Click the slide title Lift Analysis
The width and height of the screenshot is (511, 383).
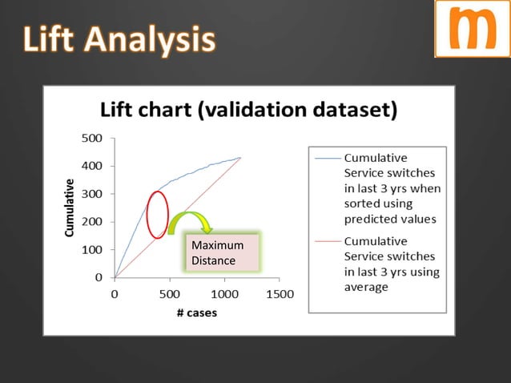click(119, 39)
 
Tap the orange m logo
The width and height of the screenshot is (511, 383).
click(472, 29)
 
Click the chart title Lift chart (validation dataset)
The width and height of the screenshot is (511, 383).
click(247, 110)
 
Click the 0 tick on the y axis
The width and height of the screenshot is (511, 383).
click(98, 277)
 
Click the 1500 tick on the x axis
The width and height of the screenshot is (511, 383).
click(279, 294)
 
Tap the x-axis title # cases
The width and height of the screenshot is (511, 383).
click(196, 312)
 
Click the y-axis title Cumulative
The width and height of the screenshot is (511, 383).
click(70, 208)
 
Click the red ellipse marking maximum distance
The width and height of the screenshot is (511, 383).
click(158, 214)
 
